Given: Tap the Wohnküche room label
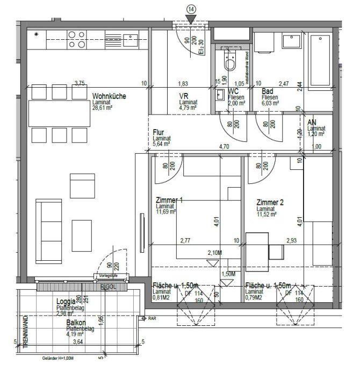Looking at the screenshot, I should click(x=109, y=96).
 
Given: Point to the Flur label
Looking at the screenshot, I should click(x=159, y=132).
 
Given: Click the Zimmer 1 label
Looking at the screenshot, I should click(x=169, y=201).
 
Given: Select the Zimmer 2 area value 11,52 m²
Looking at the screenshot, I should click(x=267, y=214).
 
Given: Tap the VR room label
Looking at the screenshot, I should click(x=183, y=96).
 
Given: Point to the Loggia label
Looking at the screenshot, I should click(x=66, y=302).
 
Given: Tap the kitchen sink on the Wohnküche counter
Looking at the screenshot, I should click(x=130, y=37).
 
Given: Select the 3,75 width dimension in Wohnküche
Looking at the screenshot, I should click(x=80, y=83).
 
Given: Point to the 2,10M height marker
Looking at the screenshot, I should click(x=215, y=252).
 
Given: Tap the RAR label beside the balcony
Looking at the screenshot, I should click(x=152, y=318).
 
